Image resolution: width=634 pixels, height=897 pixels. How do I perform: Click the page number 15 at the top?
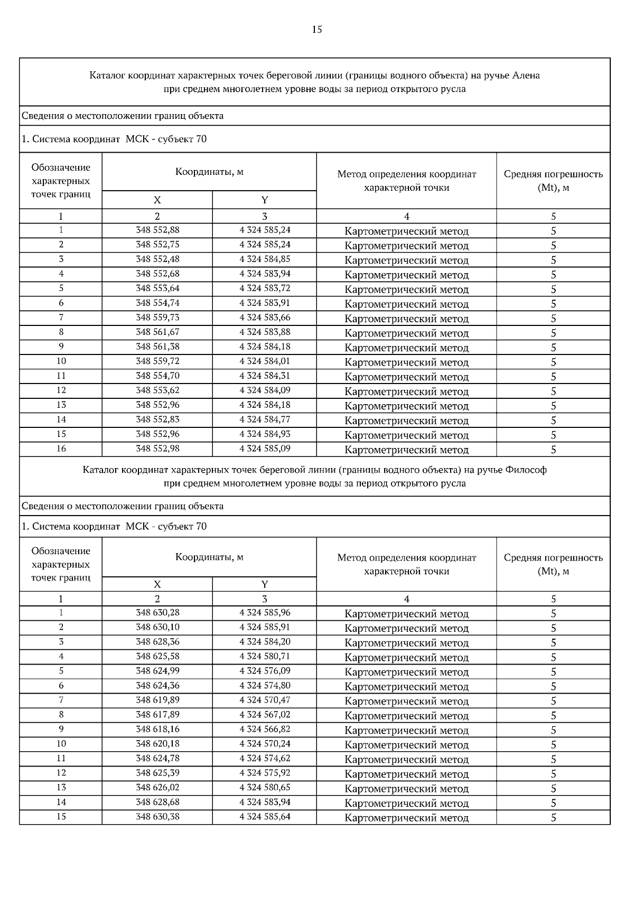click(x=317, y=30)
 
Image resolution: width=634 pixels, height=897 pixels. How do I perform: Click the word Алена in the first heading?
click(x=526, y=76)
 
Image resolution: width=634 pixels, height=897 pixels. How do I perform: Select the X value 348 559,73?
click(x=157, y=317)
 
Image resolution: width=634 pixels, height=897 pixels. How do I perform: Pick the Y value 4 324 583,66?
click(x=265, y=317)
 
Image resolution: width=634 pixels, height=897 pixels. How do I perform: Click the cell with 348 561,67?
click(x=157, y=332)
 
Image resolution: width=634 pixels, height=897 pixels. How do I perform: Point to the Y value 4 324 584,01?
click(x=265, y=361)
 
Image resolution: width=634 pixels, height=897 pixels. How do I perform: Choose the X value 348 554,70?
click(x=157, y=376)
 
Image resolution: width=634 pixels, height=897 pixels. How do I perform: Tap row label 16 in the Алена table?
click(x=61, y=448)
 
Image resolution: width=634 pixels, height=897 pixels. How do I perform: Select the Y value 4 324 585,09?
click(x=265, y=448)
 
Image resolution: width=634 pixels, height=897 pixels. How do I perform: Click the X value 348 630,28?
click(x=157, y=613)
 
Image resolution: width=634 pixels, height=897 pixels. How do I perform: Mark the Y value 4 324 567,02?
click(x=265, y=715)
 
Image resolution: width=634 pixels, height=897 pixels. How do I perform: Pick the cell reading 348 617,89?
click(x=157, y=715)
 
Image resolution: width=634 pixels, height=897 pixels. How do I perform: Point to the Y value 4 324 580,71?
click(x=265, y=657)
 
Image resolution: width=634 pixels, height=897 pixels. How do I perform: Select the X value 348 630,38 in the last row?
click(x=157, y=817)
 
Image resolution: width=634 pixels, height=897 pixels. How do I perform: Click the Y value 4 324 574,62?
click(x=265, y=759)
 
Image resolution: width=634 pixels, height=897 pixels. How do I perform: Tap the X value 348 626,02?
click(x=157, y=788)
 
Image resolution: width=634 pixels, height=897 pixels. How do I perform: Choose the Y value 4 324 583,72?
click(x=265, y=288)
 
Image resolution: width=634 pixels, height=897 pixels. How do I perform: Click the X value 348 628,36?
click(x=157, y=642)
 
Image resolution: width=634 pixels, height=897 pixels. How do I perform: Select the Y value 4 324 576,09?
click(x=265, y=671)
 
